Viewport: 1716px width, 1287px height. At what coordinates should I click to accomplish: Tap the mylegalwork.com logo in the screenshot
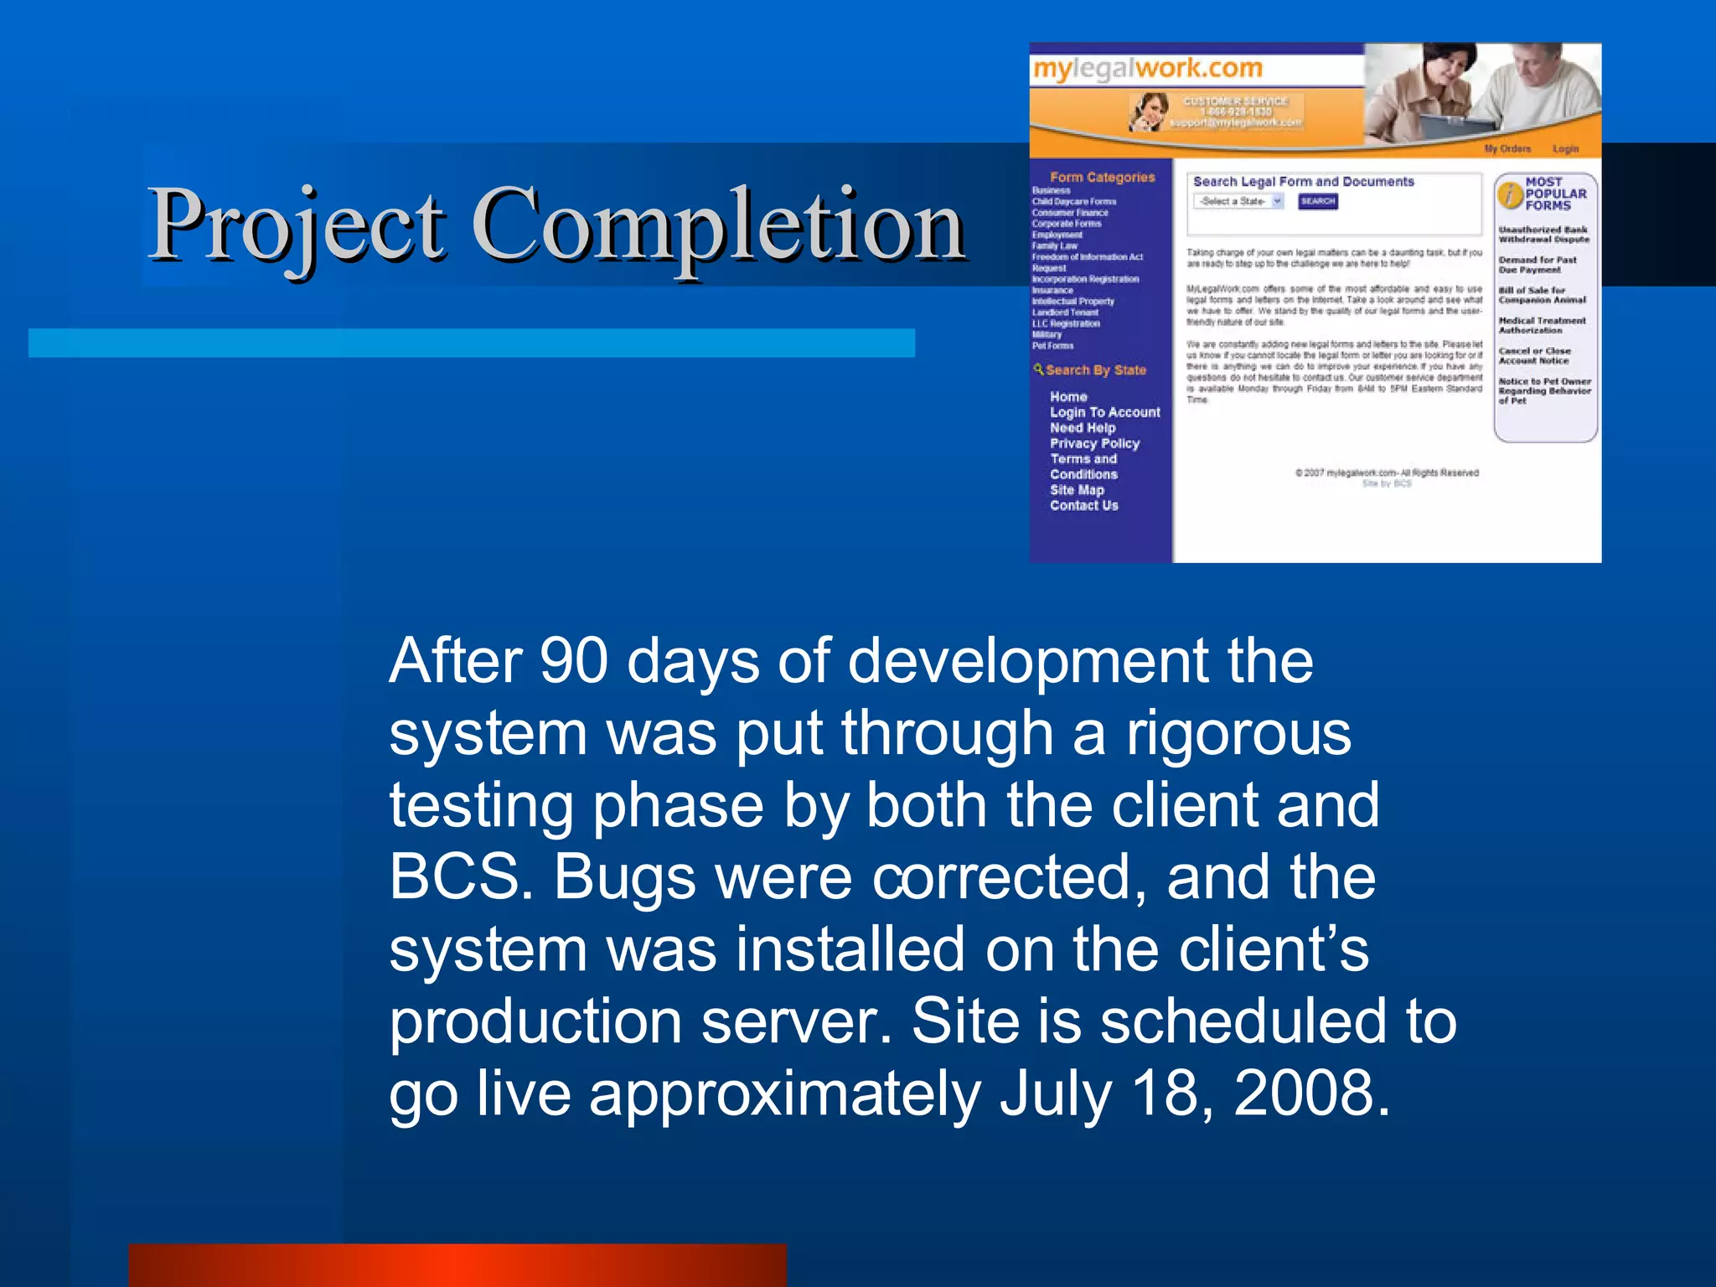point(1147,69)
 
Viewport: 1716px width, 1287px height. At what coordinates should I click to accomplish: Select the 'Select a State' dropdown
point(1238,201)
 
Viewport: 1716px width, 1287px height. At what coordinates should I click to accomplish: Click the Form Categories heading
point(1102,177)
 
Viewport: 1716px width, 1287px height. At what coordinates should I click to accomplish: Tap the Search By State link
point(1094,370)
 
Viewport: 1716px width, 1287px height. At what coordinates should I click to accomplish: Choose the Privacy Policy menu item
point(1094,443)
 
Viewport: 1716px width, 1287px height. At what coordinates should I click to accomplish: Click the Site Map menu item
point(1077,490)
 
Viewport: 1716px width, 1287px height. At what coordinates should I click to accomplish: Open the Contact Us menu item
point(1083,505)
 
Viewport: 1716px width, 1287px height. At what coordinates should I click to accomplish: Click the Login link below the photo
point(1565,148)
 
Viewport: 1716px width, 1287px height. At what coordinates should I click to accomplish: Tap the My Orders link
point(1507,148)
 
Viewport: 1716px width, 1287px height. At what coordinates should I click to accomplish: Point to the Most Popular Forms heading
point(1554,194)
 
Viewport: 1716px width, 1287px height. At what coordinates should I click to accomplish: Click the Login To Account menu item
point(1104,412)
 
